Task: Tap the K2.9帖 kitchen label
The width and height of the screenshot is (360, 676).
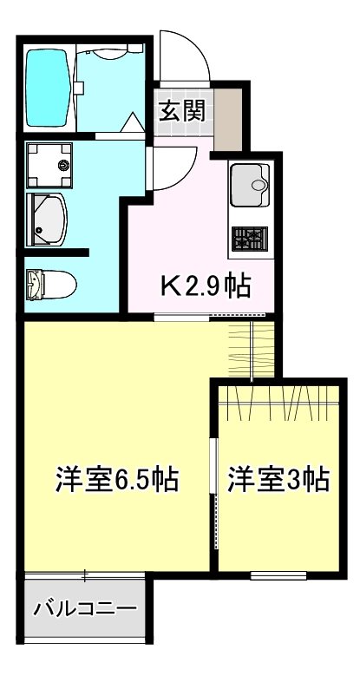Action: pyautogui.click(x=208, y=285)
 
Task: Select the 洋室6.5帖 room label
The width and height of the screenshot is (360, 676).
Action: pyautogui.click(x=117, y=478)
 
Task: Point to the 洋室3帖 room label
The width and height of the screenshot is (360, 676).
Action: pyautogui.click(x=278, y=478)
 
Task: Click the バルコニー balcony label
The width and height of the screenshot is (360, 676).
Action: pyautogui.click(x=85, y=607)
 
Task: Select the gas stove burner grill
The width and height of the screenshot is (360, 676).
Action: pyautogui.click(x=250, y=237)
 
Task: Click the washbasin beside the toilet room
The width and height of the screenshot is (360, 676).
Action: pyautogui.click(x=49, y=218)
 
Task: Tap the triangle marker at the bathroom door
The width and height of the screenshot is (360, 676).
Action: pyautogui.click(x=131, y=124)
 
